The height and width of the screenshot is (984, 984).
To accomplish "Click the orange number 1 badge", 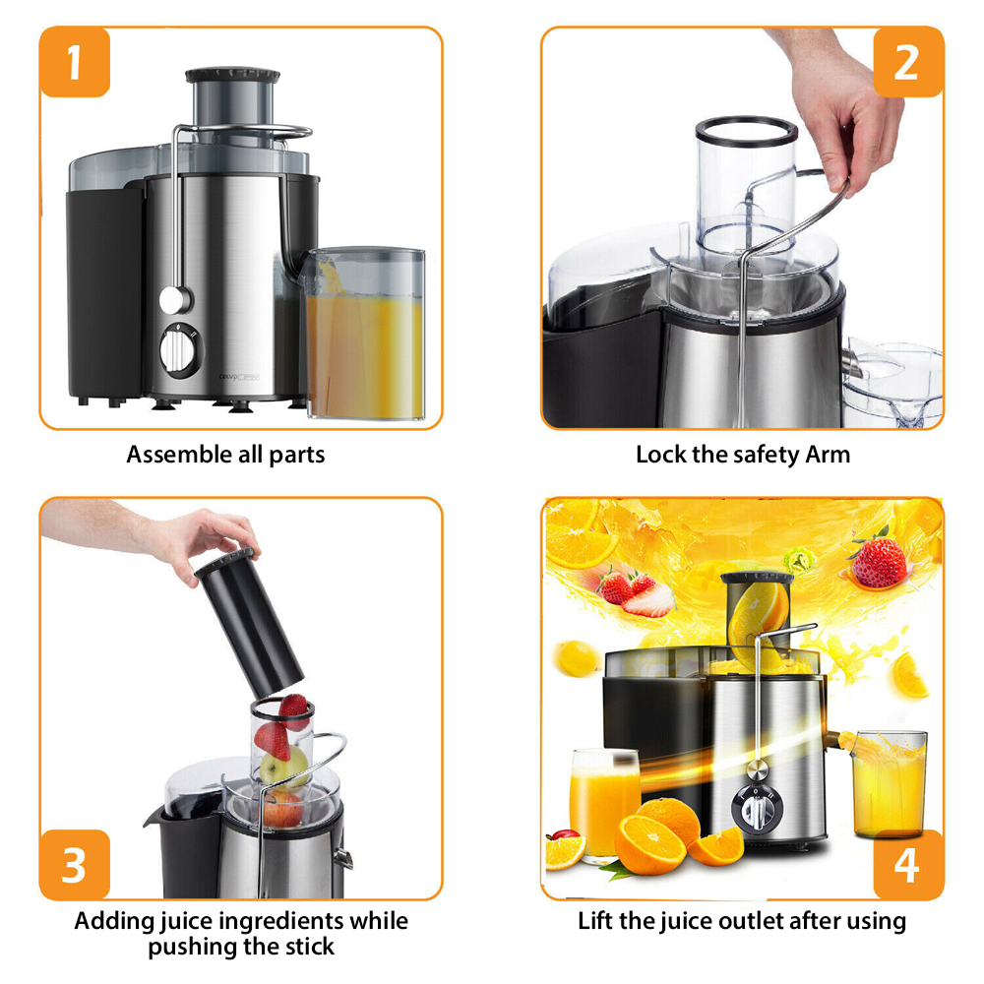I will point(74,62).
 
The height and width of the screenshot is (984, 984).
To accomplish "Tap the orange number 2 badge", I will point(907,62).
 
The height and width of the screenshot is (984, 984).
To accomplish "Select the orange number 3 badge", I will point(74,864).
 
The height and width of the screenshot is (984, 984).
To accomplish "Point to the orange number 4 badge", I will point(907,864).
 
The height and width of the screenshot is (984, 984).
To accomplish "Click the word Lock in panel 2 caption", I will point(656,455).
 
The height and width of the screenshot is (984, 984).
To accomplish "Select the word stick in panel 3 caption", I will point(306,947).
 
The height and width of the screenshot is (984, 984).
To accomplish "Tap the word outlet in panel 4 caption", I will point(743,922).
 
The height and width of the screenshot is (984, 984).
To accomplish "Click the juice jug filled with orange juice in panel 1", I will point(364,335).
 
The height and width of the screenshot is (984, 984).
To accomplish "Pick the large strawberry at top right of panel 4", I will point(879,561).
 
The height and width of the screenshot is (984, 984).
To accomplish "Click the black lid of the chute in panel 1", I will point(232,75).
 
